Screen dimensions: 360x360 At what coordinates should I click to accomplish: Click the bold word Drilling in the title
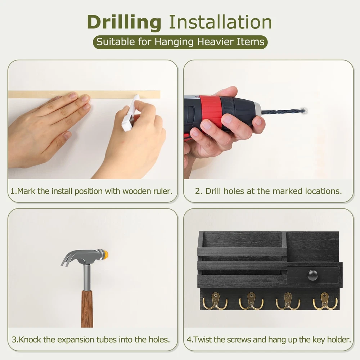pos(124,22)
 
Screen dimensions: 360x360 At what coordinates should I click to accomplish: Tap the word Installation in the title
pos(220,22)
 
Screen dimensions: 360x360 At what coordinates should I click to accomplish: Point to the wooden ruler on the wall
pos(84,94)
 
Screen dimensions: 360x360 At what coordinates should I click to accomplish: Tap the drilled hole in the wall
pos(304,111)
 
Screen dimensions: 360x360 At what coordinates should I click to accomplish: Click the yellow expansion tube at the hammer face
pos(105,255)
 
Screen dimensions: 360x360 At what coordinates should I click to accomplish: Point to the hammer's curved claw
pos(69,257)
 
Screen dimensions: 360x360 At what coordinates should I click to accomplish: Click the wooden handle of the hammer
pos(87,309)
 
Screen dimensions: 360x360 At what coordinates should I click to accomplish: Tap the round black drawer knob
pos(312,275)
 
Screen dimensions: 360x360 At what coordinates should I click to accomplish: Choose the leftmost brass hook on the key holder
pos(215,301)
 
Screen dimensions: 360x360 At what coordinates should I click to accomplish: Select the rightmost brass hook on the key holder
pos(325,301)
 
